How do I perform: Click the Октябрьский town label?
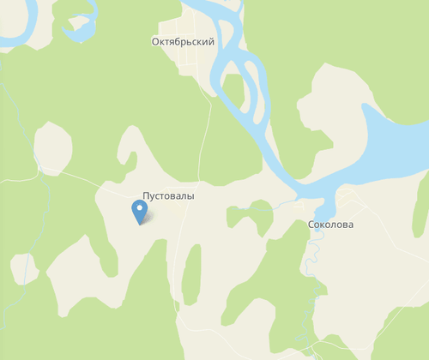tap(183, 41)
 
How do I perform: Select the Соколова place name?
tap(330, 225)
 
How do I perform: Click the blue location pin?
tap(139, 211)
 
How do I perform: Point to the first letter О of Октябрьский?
tap(155, 41)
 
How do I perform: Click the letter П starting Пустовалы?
tap(146, 196)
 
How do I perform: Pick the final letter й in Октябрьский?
tap(210, 41)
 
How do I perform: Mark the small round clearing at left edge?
tap(23, 267)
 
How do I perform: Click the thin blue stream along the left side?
tap(34, 231)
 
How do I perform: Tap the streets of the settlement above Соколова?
tap(347, 201)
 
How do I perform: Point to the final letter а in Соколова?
tap(349, 225)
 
